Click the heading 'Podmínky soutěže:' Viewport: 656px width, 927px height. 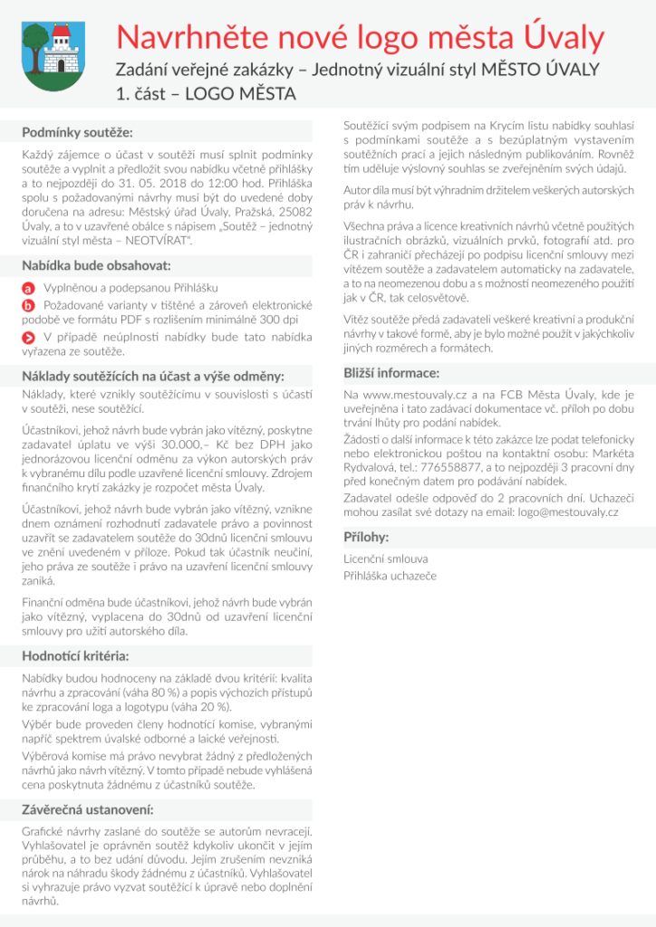coord(77,133)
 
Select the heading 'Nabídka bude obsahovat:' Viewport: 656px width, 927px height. coord(96,266)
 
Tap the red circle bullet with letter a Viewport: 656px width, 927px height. coord(28,287)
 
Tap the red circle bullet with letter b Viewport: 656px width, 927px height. coord(28,305)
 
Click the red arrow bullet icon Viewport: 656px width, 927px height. coord(28,337)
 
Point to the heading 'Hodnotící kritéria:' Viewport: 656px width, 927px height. coord(75,655)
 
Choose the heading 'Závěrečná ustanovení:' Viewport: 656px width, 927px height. coord(87,808)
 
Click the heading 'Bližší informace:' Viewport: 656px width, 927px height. coord(391,373)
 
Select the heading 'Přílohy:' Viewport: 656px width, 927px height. coord(366,537)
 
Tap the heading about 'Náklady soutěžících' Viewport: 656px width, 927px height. coord(153,376)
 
